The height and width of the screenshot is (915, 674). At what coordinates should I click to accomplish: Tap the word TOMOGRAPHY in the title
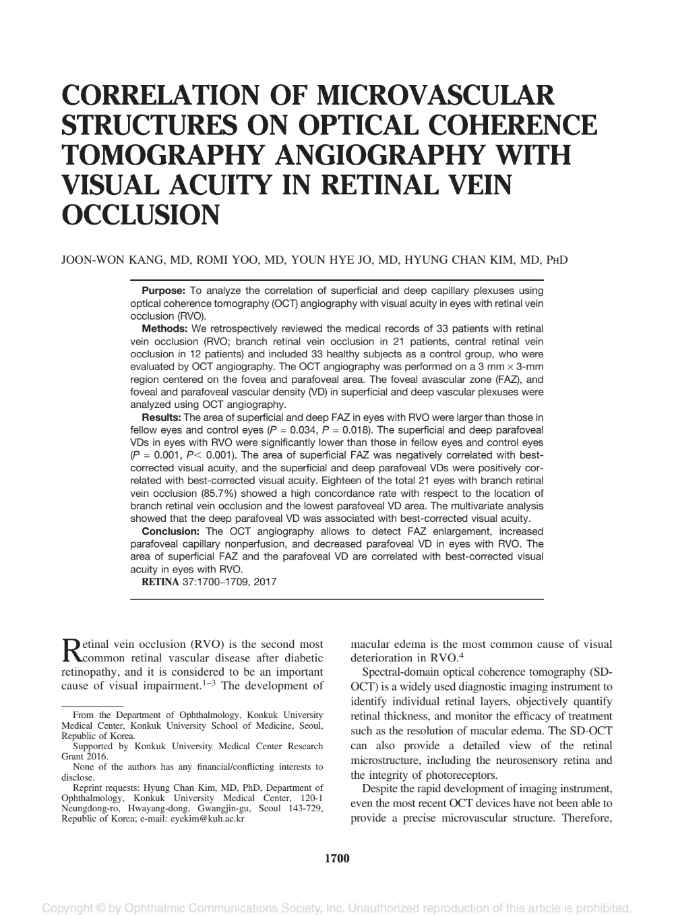[168, 155]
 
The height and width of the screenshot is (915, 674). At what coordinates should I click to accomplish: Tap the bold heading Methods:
[164, 329]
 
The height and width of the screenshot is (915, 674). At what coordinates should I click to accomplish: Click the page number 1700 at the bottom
[337, 858]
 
